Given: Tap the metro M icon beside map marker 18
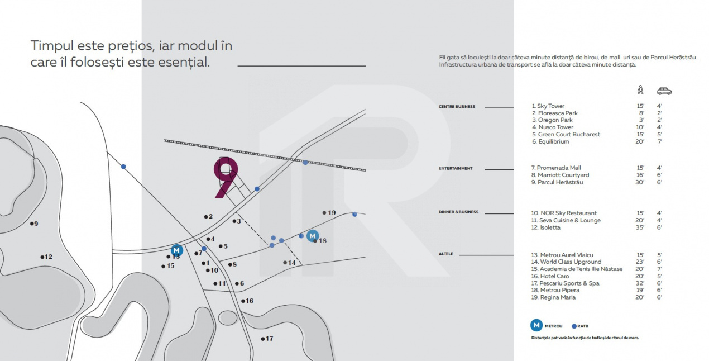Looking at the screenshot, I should coord(313,236).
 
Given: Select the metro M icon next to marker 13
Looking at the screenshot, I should coord(176,250).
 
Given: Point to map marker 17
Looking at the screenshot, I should coord(266,339).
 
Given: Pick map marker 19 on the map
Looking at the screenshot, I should coord(329,212).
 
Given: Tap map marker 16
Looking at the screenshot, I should coord(246,301).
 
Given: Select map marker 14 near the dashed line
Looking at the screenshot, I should coord(289,263).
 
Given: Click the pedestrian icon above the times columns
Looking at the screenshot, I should coord(640,90).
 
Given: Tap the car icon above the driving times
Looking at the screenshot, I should coord(664,91).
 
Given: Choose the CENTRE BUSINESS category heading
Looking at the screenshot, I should coord(456,107).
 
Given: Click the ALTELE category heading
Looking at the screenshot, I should coord(446,254).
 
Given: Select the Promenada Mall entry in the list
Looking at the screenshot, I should coord(556,168).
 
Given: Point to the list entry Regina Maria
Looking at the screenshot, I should coord(553,297).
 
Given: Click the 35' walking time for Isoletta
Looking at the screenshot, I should coord(640,227).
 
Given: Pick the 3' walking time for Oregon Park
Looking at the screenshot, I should coord(641,120).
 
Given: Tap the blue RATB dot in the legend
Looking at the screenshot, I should coord(574,326).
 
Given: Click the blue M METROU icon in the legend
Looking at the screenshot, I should coord(536,325).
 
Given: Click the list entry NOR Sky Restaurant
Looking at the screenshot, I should coord(564,213).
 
